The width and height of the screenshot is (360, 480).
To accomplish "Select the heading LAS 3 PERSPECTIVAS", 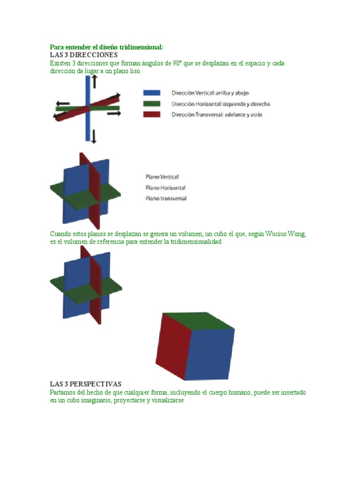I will (x=86, y=384).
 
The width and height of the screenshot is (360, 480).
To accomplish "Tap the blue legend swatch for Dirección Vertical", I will (x=151, y=93).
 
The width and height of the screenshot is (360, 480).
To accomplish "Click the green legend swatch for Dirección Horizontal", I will (x=151, y=104).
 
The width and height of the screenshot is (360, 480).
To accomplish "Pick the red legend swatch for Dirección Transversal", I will (x=151, y=115).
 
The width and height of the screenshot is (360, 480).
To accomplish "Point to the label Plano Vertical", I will (x=162, y=177).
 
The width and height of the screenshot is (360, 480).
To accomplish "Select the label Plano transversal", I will (x=166, y=198).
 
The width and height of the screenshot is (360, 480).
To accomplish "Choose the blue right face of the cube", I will (x=210, y=354).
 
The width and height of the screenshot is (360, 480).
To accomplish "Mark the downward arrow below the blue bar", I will (x=94, y=136).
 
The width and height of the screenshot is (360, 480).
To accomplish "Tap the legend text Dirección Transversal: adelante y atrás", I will (x=217, y=115).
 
